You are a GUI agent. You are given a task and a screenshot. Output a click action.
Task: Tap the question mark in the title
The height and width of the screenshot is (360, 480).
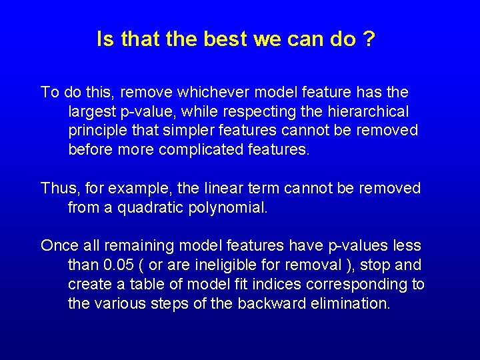tap(368, 39)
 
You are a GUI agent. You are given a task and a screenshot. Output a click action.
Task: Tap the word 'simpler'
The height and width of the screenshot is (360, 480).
tap(185, 130)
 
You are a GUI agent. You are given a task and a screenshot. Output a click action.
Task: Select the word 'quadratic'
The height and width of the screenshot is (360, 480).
tap(149, 208)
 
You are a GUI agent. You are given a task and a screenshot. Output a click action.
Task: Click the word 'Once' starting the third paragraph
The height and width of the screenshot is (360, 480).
tap(60, 246)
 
